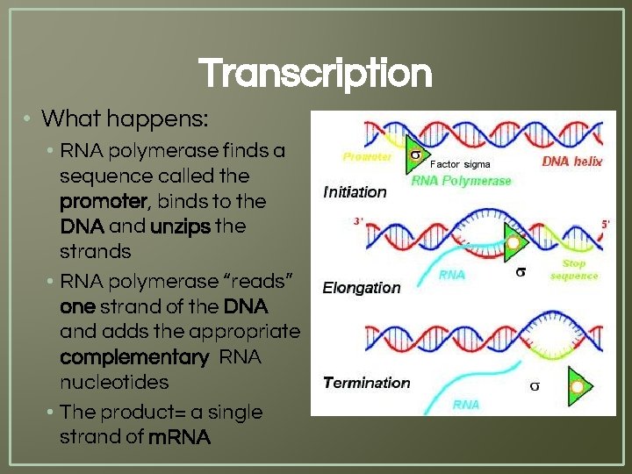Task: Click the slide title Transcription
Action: point(315,74)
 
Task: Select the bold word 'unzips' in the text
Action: point(181,226)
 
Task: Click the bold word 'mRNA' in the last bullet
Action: point(180,436)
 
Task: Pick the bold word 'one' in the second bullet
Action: point(76,307)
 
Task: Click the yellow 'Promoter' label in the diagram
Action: point(367,157)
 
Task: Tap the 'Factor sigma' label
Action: point(460,164)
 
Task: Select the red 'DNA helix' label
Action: point(572,162)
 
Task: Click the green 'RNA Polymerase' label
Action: point(461,181)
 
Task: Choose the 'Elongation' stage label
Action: point(362,287)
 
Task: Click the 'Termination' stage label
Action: point(366,383)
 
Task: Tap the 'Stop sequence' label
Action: point(574,269)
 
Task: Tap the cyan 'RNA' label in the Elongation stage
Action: point(451,275)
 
